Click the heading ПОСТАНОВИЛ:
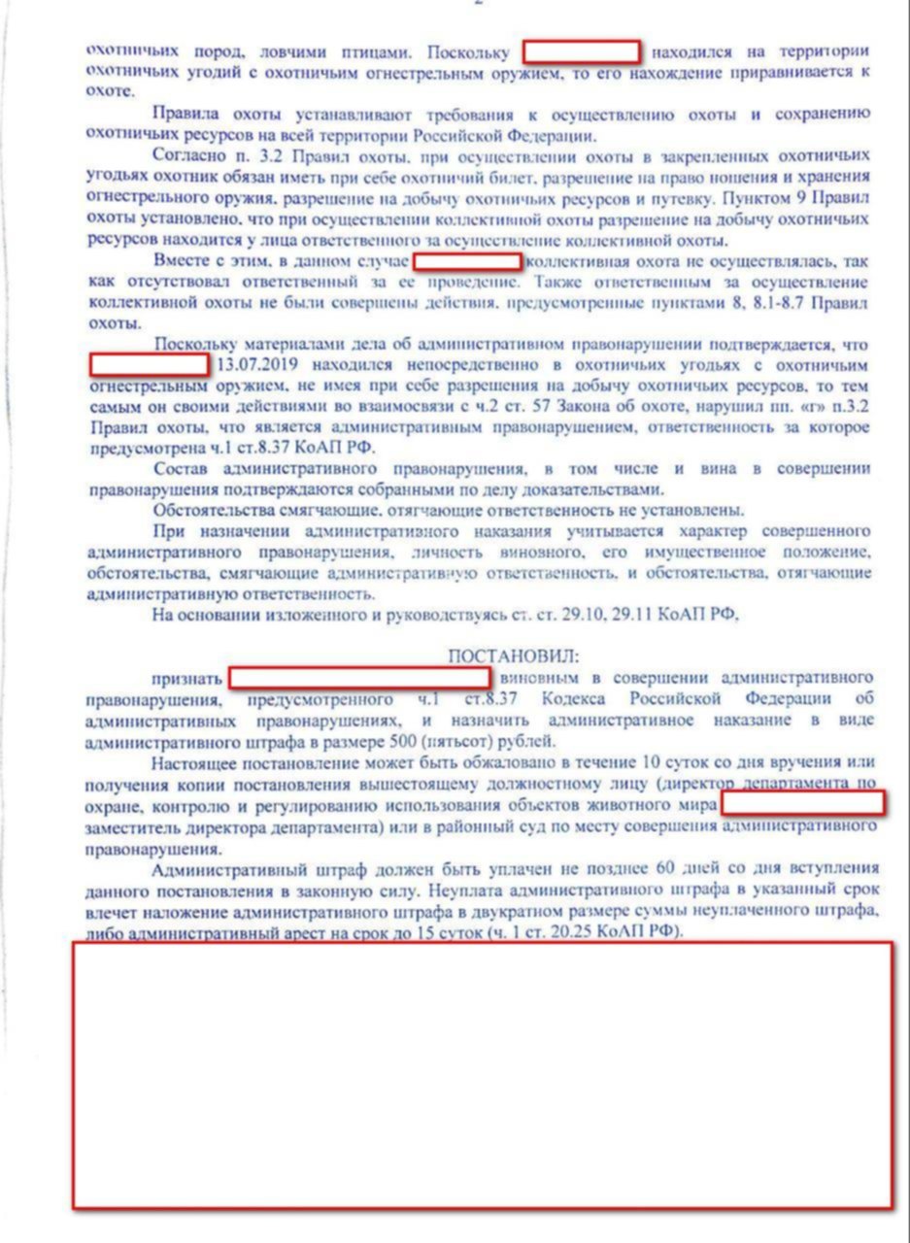513,657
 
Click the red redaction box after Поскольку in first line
582,51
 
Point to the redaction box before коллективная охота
468,261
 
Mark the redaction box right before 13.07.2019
150,365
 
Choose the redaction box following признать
359,678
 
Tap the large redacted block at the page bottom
483,1075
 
